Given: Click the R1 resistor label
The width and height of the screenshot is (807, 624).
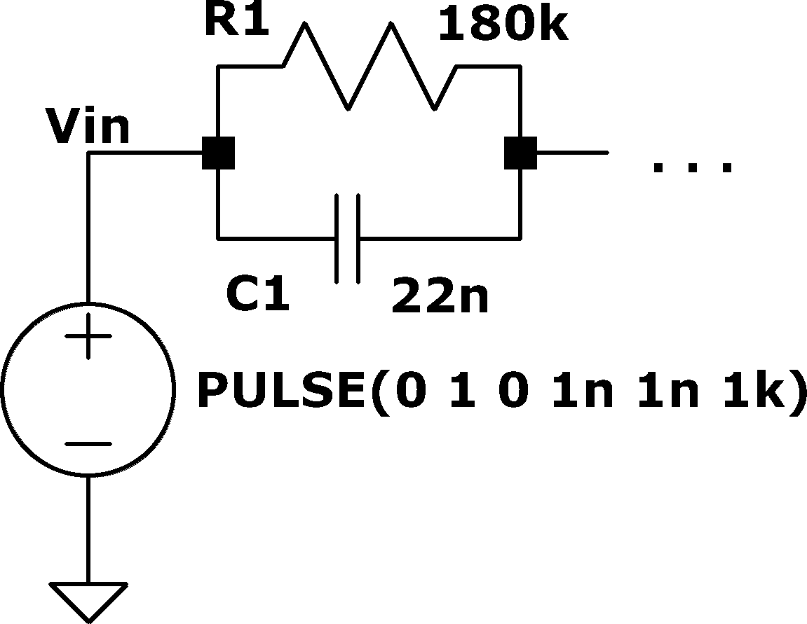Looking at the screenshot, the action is pos(237,20).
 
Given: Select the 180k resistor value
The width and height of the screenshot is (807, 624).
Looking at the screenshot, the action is pos(504,24).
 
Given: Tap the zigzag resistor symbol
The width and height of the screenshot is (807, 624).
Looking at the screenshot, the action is pos(369,67).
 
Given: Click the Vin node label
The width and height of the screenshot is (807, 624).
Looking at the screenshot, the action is pos(88,125).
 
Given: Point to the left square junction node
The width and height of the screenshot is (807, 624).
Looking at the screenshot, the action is pos(218,153).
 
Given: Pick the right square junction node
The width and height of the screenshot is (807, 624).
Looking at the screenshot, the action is pos(520,153).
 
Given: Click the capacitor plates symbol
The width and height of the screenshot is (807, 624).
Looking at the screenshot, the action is pos(347,239).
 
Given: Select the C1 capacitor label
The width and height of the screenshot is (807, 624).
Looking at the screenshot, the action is pos(258,294).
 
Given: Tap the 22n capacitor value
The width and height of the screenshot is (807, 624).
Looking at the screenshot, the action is pos(440,295).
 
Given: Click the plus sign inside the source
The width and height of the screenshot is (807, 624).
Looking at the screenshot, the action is pos(88,336).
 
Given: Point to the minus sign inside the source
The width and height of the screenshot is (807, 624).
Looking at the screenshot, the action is pos(88,443).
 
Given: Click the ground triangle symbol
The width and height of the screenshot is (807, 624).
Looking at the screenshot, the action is pos(88,602).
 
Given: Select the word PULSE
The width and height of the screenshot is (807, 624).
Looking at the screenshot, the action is pos(281,390).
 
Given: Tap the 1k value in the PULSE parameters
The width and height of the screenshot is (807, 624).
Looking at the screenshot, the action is pos(755,390).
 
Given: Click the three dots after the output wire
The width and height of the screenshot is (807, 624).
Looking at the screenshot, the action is pos(692,167).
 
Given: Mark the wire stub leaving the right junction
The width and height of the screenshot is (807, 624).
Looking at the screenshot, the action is pos(573,153).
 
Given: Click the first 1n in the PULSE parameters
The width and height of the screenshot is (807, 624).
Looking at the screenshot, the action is pos(583,391).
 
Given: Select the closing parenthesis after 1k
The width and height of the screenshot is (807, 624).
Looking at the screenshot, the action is pos(797,392).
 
